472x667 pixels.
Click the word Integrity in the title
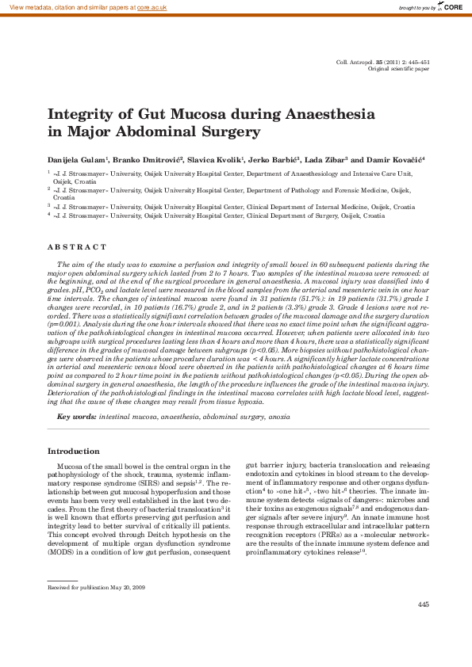(82, 114)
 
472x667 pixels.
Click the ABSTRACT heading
(77, 247)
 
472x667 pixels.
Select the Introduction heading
(75, 451)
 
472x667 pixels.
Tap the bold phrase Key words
(76, 415)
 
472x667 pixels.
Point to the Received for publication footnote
(96, 588)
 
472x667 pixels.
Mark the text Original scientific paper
(399, 69)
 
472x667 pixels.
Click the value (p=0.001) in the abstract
(64, 324)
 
